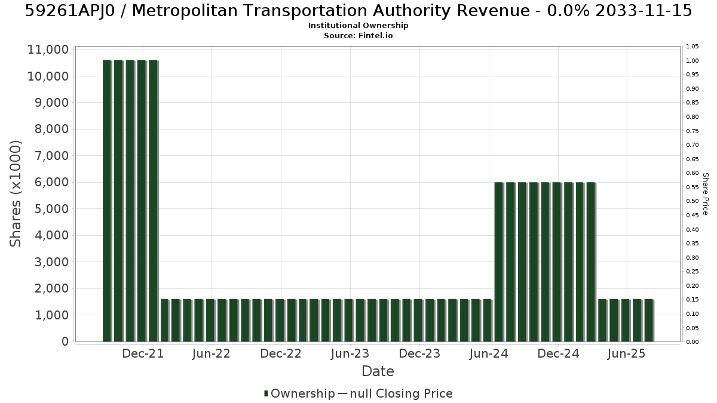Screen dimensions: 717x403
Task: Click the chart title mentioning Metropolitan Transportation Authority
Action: (x=358, y=11)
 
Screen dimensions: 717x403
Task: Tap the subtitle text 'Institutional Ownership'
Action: (x=358, y=26)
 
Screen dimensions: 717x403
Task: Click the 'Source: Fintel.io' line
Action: (x=358, y=35)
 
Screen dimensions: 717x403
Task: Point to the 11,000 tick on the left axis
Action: (x=48, y=50)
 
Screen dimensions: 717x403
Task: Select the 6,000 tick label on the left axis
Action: (x=48, y=182)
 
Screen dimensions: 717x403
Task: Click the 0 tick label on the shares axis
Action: (x=65, y=342)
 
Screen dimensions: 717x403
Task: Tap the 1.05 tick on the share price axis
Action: (x=693, y=47)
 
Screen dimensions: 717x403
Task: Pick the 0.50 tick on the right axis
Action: (x=693, y=201)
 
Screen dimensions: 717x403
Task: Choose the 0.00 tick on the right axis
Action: (x=693, y=342)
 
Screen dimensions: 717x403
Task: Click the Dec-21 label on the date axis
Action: (x=143, y=353)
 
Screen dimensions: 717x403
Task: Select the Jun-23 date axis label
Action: (x=350, y=353)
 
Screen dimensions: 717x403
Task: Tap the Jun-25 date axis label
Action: (x=627, y=353)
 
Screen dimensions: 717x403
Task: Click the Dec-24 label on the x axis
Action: (x=559, y=353)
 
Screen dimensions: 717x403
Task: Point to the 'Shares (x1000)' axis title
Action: (x=16, y=194)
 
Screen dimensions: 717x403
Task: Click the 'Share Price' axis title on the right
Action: (x=706, y=194)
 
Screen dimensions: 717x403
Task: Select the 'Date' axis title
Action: (x=378, y=371)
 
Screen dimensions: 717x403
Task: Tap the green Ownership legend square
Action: (x=266, y=393)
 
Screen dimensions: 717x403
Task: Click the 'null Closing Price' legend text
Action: (x=402, y=393)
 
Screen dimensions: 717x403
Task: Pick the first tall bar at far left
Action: (x=107, y=201)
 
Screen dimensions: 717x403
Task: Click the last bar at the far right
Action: (x=649, y=321)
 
